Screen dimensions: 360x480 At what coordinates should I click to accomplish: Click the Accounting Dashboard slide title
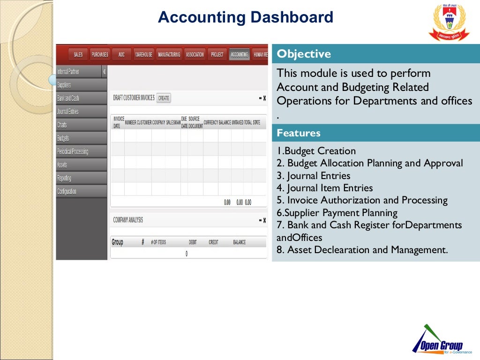pyautogui.click(x=245, y=18)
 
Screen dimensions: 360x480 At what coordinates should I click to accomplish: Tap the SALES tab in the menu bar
pyautogui.click(x=78, y=55)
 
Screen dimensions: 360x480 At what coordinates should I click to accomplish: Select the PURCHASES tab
pyautogui.click(x=100, y=55)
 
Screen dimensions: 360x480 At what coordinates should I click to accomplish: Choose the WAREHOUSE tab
pyautogui.click(x=143, y=55)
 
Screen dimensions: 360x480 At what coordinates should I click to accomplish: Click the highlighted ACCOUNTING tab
pyautogui.click(x=240, y=55)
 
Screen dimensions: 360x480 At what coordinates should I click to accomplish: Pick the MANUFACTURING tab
pyautogui.click(x=169, y=55)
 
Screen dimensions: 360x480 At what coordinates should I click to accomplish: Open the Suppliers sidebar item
pyautogui.click(x=64, y=85)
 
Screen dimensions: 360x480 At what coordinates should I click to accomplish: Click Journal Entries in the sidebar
pyautogui.click(x=68, y=112)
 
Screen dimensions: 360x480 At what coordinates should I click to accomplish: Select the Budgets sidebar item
pyautogui.click(x=63, y=138)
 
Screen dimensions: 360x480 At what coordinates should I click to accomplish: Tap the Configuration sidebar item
pyautogui.click(x=67, y=191)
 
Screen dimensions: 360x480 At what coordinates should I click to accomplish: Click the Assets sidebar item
pyautogui.click(x=62, y=165)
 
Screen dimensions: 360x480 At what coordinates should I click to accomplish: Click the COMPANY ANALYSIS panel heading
pyautogui.click(x=128, y=220)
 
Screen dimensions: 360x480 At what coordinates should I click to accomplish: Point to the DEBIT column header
pyautogui.click(x=193, y=242)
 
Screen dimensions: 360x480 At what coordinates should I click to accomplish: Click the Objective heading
pyautogui.click(x=304, y=54)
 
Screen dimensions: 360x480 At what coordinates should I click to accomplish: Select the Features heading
pyautogui.click(x=299, y=133)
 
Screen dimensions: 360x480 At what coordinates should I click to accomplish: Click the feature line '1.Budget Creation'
pyautogui.click(x=316, y=151)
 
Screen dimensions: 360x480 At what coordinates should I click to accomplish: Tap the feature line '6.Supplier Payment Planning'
pyautogui.click(x=337, y=213)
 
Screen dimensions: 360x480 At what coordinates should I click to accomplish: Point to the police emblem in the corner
pyautogui.click(x=449, y=22)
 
